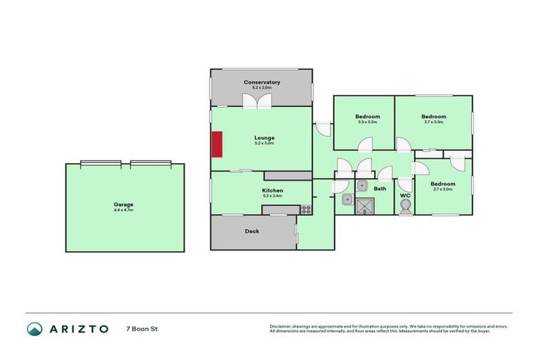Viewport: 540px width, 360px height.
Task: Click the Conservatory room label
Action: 262,82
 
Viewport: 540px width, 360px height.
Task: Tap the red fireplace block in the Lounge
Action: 217,144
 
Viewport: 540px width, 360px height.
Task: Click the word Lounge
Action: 264,137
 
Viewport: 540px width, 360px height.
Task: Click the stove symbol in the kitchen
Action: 306,208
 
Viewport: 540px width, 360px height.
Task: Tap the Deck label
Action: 252,231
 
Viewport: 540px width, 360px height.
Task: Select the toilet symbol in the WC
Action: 404,207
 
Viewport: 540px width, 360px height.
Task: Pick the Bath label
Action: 380,188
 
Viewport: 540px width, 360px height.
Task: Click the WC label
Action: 405,195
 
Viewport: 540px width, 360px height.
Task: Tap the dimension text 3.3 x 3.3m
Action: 367,122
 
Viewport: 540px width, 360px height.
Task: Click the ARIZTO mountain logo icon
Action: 34,328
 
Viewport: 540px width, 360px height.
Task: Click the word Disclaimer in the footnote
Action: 282,326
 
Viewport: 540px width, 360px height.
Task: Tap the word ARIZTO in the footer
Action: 78,328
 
